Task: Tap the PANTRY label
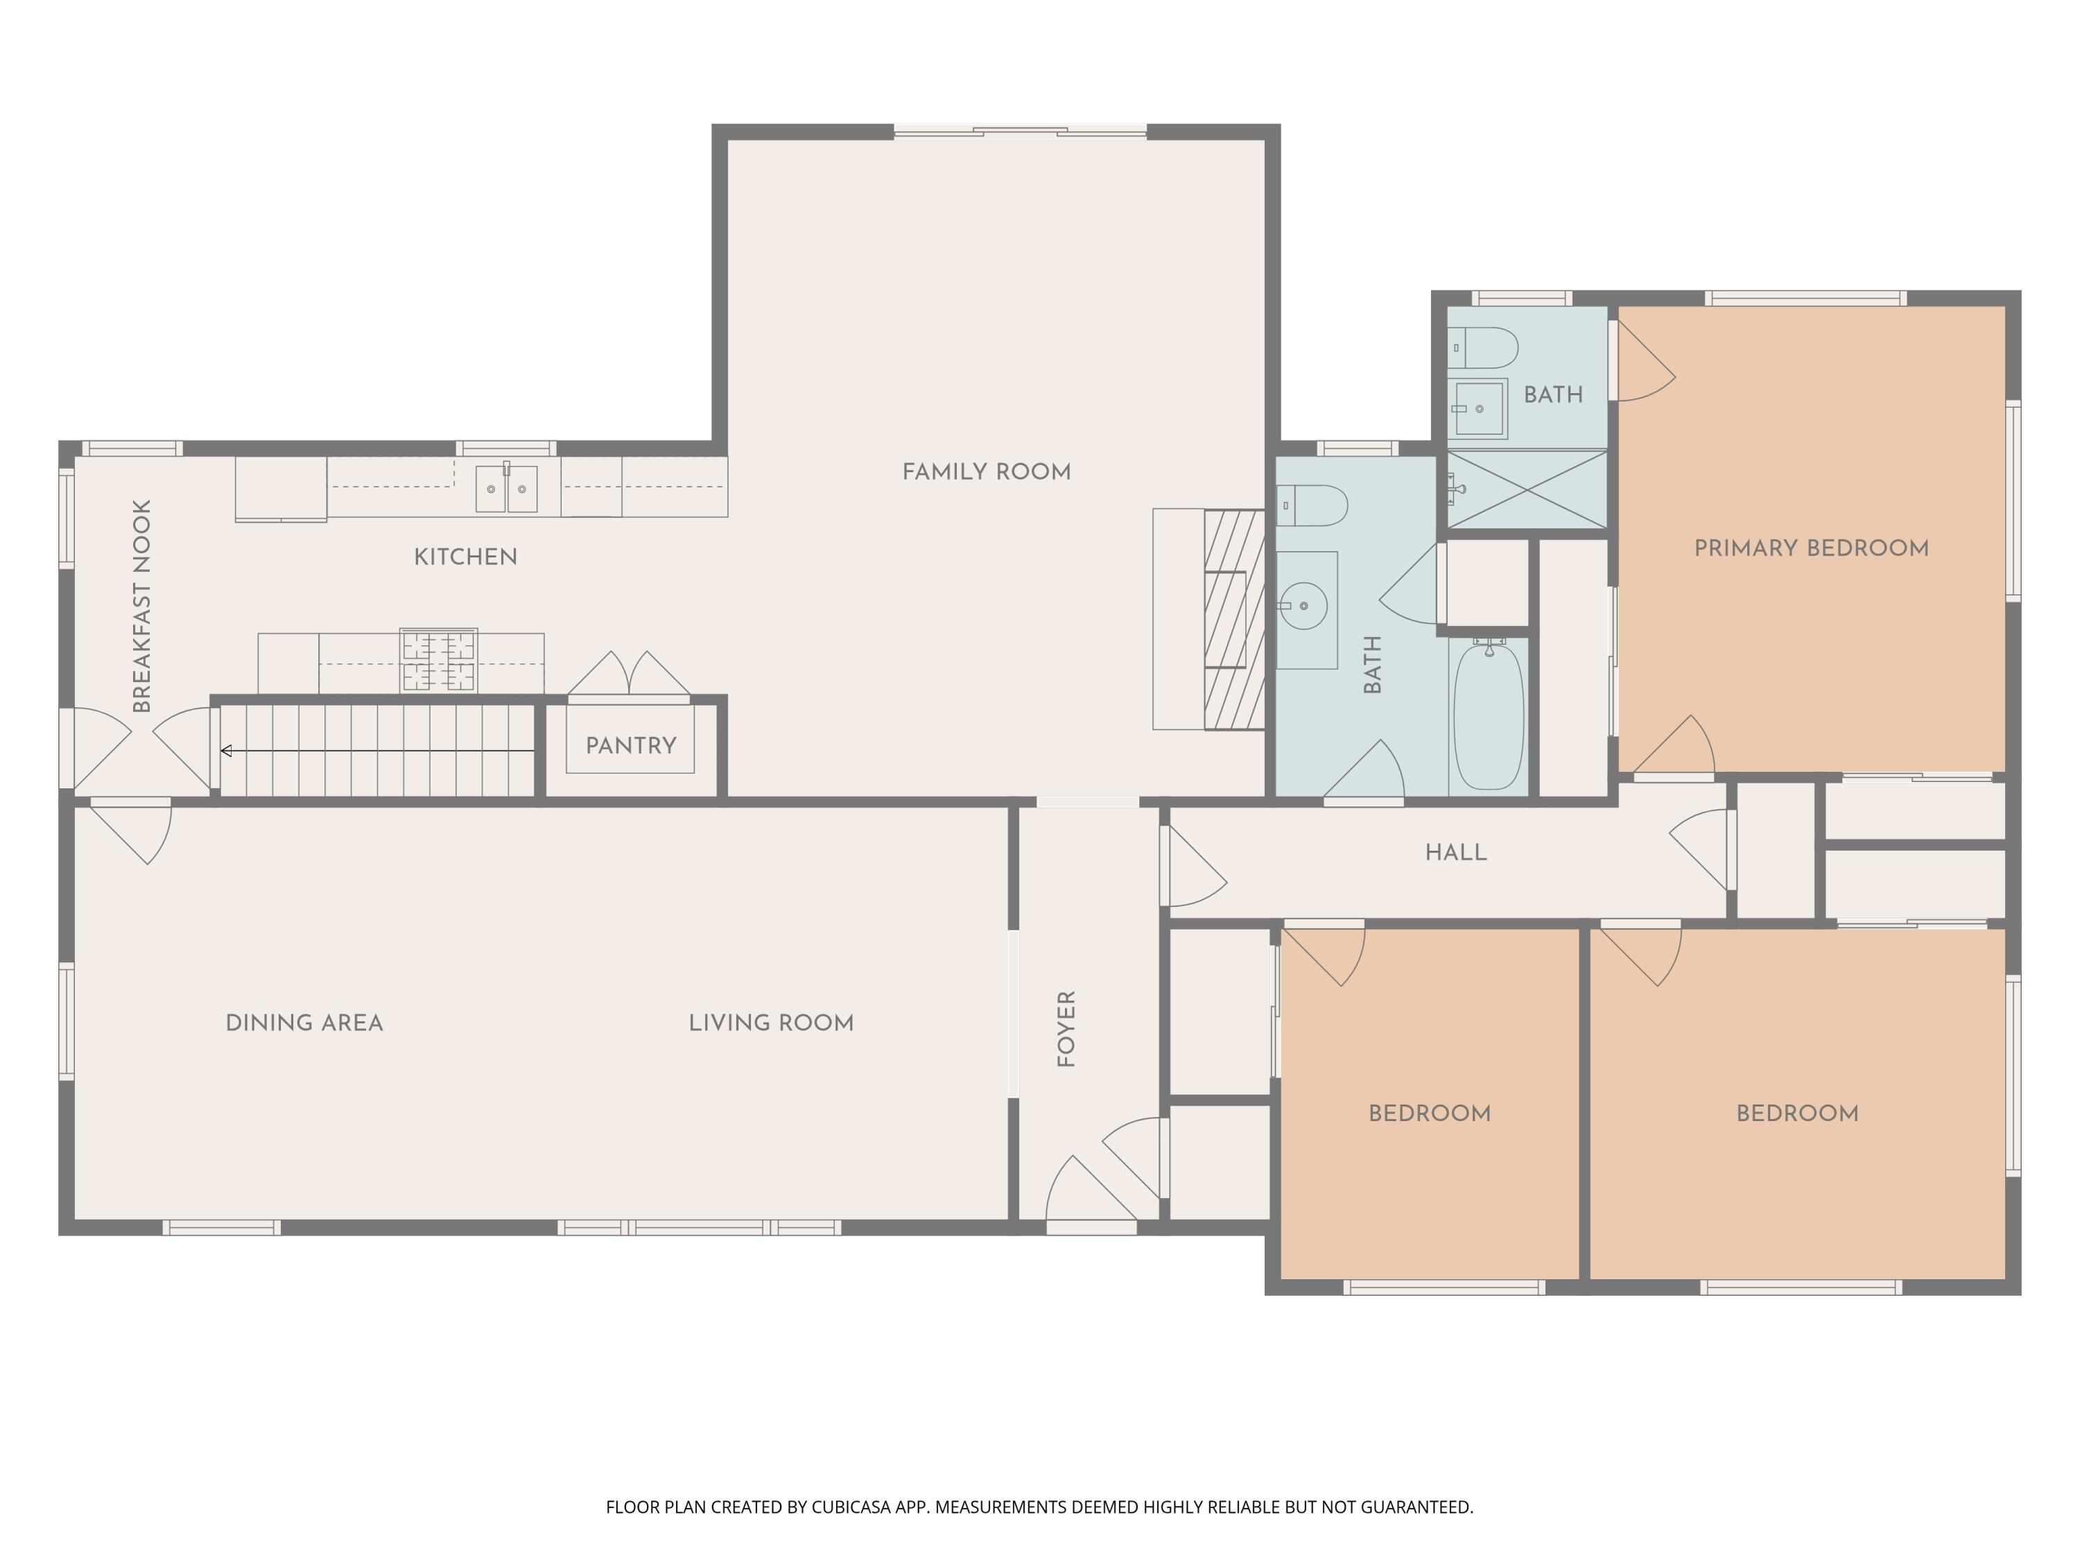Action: coord(631,745)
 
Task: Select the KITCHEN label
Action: coord(465,557)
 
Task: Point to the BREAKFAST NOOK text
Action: coord(142,607)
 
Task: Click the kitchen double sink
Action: coord(506,489)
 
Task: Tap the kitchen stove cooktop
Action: coord(438,660)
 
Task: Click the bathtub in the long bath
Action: coord(1489,716)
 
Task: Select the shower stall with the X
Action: coord(1526,489)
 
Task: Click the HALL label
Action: coord(1455,853)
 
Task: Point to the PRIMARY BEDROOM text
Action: coord(1811,548)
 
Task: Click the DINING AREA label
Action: coord(304,1023)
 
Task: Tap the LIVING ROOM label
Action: coord(771,1023)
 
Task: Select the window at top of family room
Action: coord(1021,132)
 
